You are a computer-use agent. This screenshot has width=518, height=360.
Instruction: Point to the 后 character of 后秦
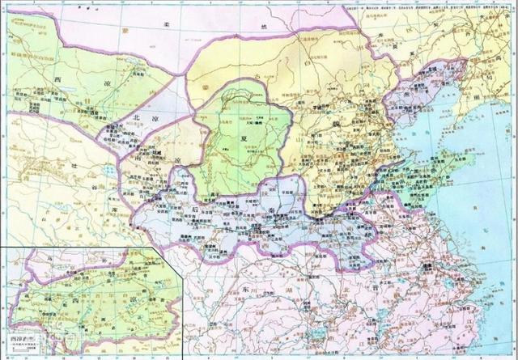point(197,209)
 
